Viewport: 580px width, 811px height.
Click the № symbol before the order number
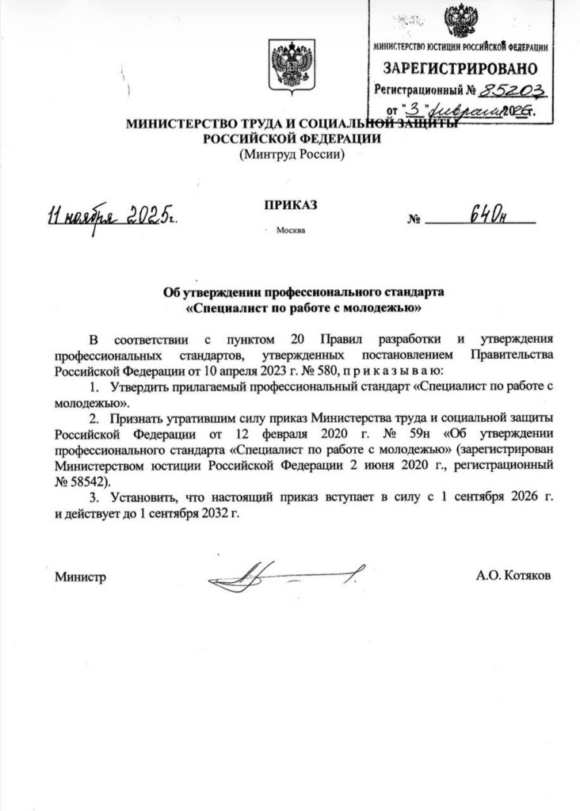pos(413,221)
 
